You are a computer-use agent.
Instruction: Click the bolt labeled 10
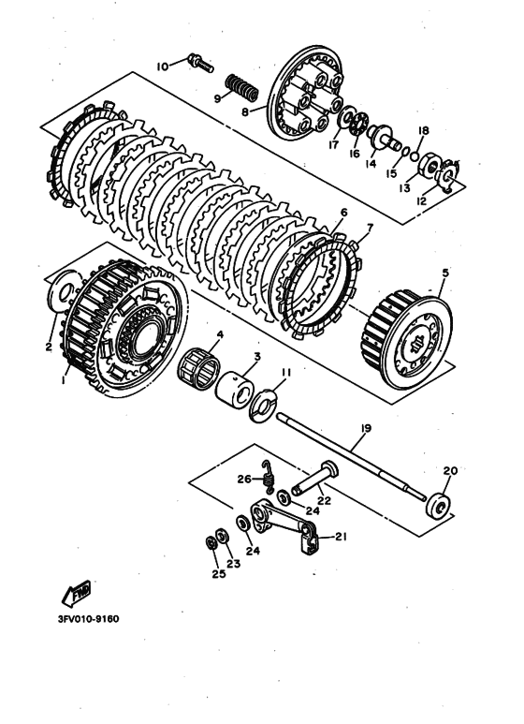200,64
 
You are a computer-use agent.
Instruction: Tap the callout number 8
245,112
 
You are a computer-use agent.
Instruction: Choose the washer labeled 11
262,406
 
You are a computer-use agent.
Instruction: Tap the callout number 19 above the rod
365,428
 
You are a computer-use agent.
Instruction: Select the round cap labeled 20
439,503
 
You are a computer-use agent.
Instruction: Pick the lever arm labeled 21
284,525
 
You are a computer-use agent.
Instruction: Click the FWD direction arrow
77,593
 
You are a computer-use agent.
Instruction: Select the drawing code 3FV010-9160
88,619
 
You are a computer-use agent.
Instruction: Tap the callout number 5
444,273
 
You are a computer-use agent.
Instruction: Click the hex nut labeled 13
429,165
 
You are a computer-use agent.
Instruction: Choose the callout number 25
219,573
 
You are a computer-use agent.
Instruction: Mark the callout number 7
370,228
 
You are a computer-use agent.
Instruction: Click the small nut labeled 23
223,537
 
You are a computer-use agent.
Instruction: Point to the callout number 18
424,131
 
